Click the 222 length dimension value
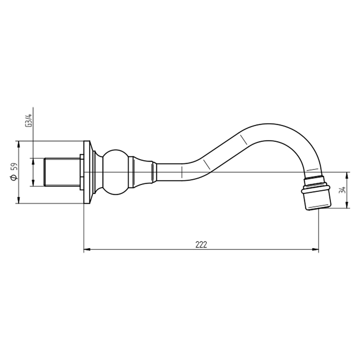point(201,245)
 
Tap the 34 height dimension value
point(343,190)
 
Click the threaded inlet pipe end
point(61,172)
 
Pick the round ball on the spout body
point(115,172)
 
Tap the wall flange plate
point(87,172)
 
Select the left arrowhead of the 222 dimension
point(86,250)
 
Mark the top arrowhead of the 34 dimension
point(347,174)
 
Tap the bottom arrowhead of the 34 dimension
point(347,206)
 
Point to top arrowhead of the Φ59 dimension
point(18,144)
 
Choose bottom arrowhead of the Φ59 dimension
point(18,201)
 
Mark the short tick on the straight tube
point(182,172)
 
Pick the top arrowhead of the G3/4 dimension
point(32,161)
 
